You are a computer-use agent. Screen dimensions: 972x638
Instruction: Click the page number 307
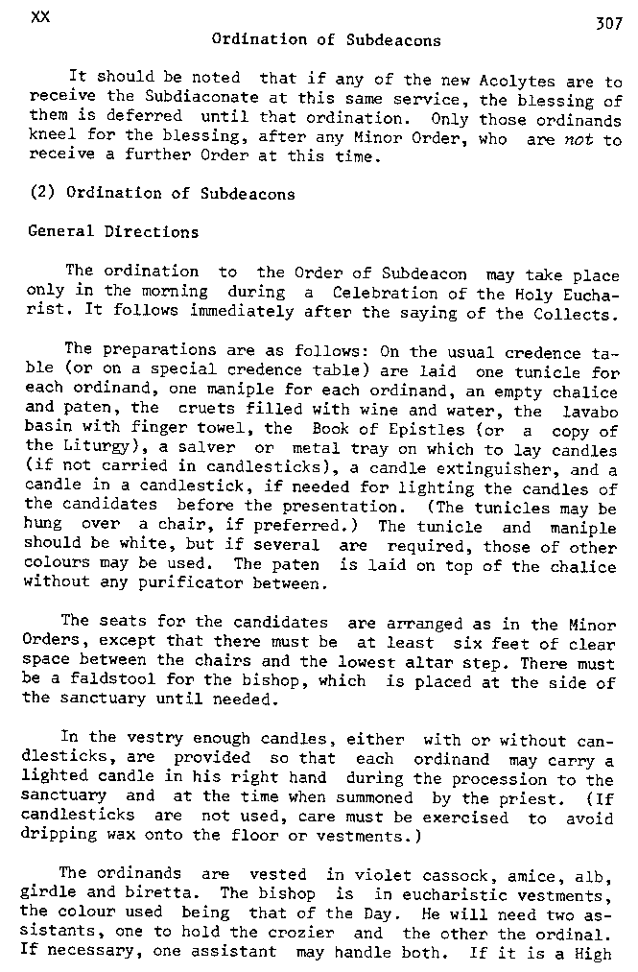click(x=609, y=25)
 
